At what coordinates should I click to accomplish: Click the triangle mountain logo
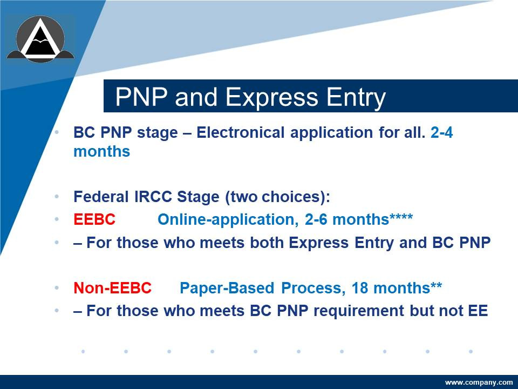[x=40, y=39]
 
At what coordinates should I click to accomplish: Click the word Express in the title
[x=272, y=97]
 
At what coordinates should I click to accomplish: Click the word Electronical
[x=240, y=132]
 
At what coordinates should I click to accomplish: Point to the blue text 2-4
[x=442, y=132]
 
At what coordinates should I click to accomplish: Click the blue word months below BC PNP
[x=102, y=151]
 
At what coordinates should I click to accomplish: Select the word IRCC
[x=153, y=197]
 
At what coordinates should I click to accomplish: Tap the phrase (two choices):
[x=277, y=197]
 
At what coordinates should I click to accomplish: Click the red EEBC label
[x=94, y=219]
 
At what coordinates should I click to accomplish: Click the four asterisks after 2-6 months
[x=401, y=217]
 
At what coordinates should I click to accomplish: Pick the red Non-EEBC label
[x=113, y=288]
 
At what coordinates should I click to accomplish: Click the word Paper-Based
[x=227, y=288]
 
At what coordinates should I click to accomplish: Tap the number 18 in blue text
[x=359, y=288]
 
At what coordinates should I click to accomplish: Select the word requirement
[x=358, y=311]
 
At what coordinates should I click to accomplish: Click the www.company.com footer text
[x=479, y=383]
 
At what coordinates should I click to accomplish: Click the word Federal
[x=101, y=197]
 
